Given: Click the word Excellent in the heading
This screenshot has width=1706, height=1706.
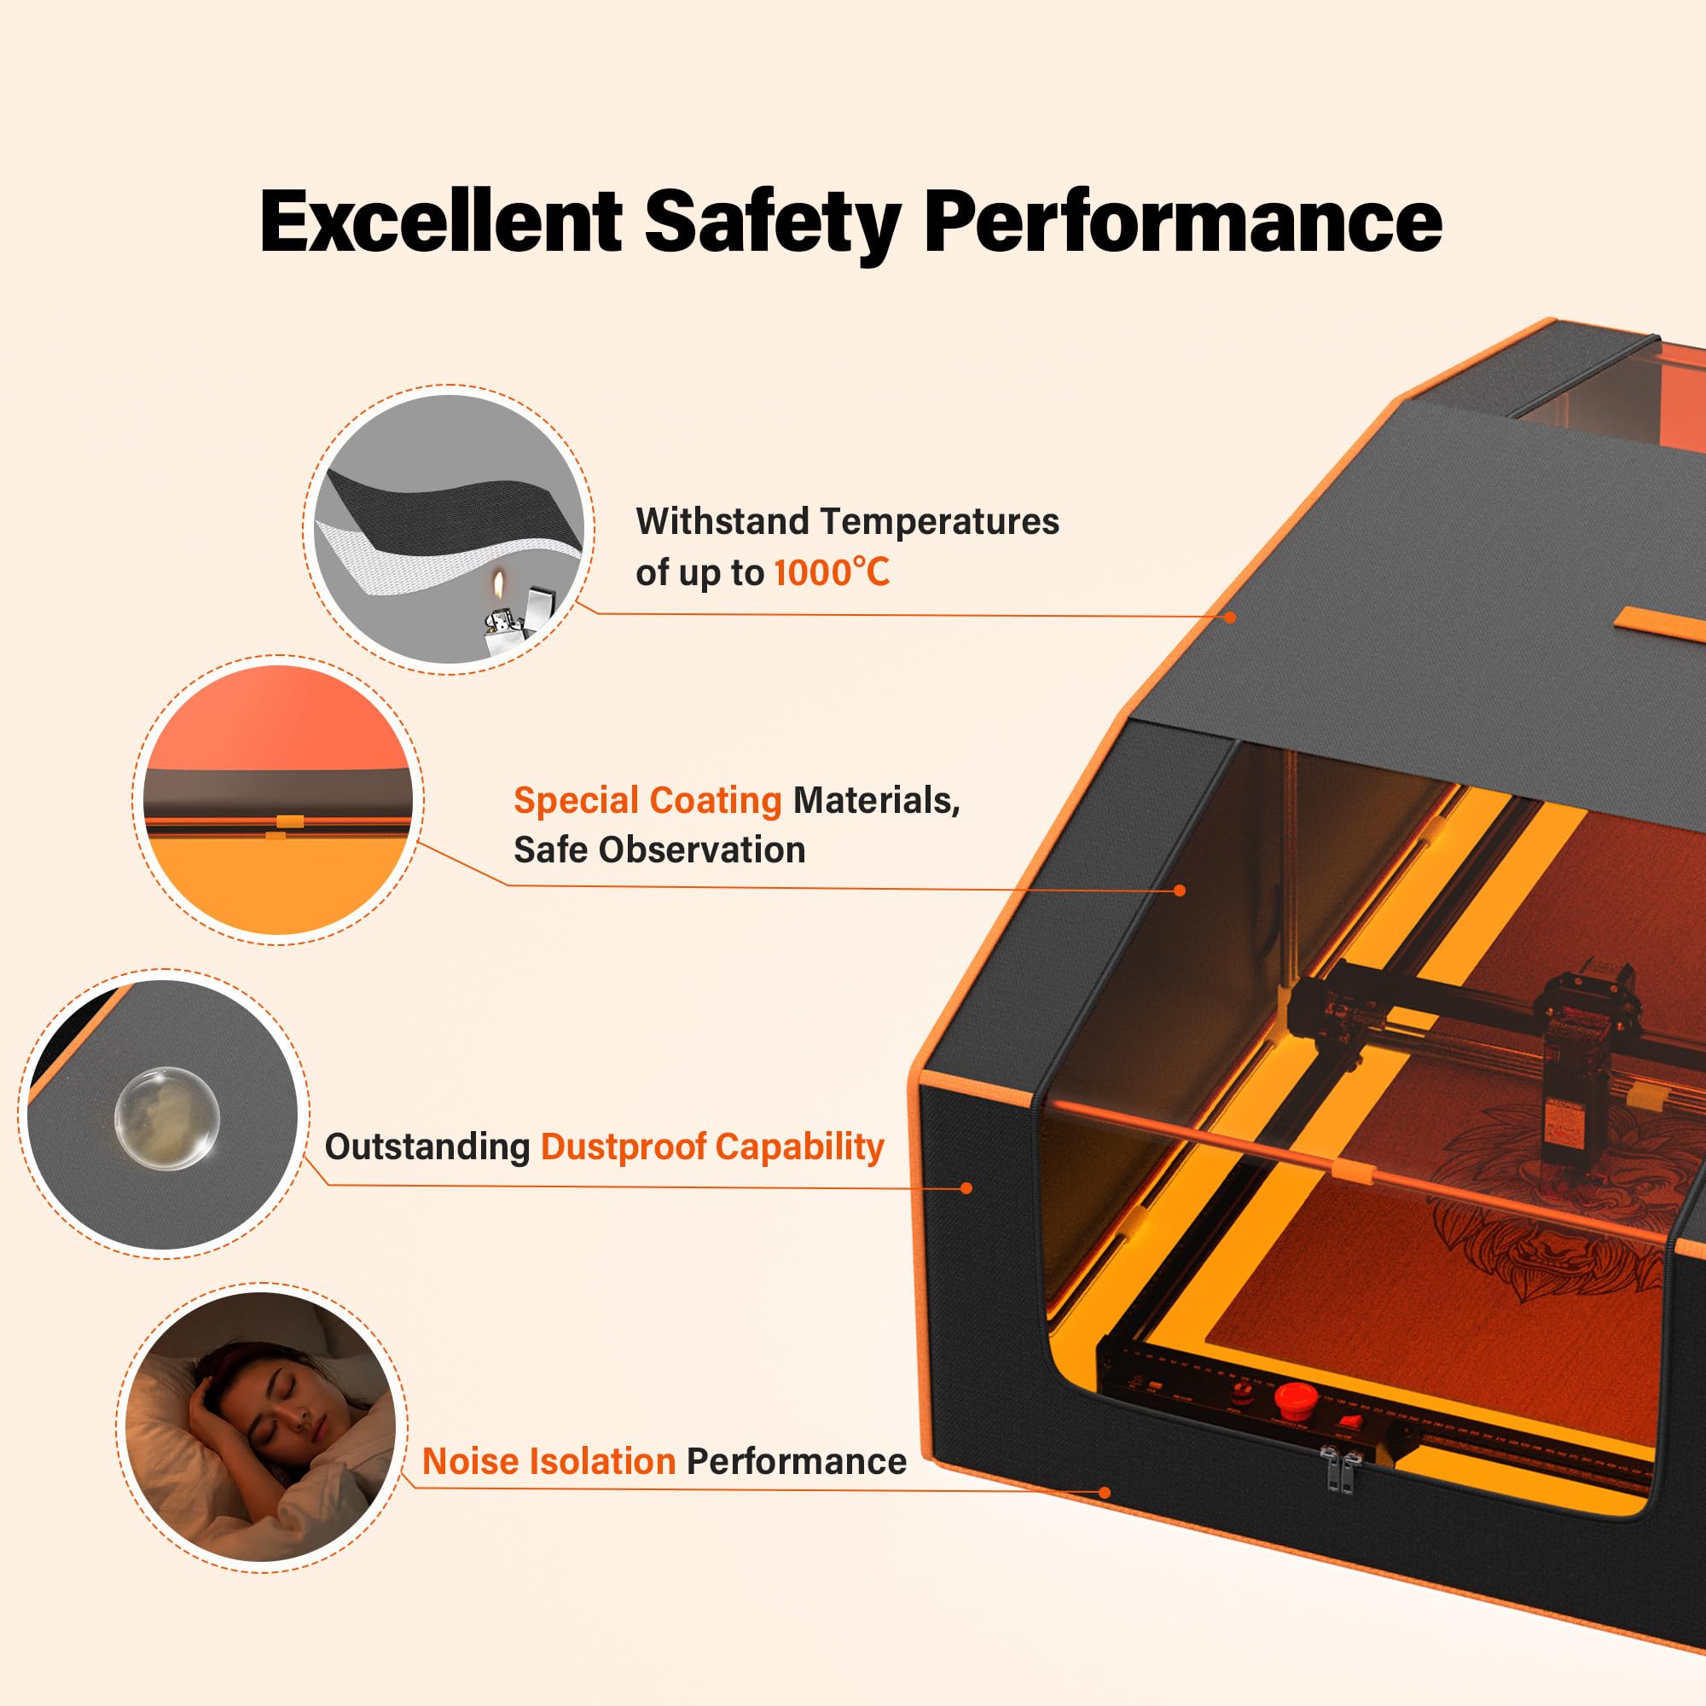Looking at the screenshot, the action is tap(441, 221).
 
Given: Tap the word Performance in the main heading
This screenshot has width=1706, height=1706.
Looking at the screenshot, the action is tap(1182, 221).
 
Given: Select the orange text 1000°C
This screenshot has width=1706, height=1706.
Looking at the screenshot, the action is tap(831, 573).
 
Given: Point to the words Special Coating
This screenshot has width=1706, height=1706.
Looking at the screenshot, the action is tap(647, 800).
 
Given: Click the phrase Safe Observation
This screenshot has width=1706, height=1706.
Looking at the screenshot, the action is tap(659, 850).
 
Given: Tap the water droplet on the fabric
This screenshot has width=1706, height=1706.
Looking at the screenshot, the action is tap(167, 1119).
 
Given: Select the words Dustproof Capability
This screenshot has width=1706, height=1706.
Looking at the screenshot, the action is tap(711, 1146).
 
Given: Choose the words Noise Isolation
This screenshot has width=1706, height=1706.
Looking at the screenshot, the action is tap(548, 1461).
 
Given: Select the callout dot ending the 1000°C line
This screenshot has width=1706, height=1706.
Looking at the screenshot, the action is tap(1230, 618).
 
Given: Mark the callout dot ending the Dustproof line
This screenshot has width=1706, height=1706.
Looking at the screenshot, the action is tap(966, 1187).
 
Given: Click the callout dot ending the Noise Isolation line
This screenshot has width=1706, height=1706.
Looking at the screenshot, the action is tap(1104, 1492).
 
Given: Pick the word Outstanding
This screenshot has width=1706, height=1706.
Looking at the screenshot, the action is tap(427, 1146).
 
